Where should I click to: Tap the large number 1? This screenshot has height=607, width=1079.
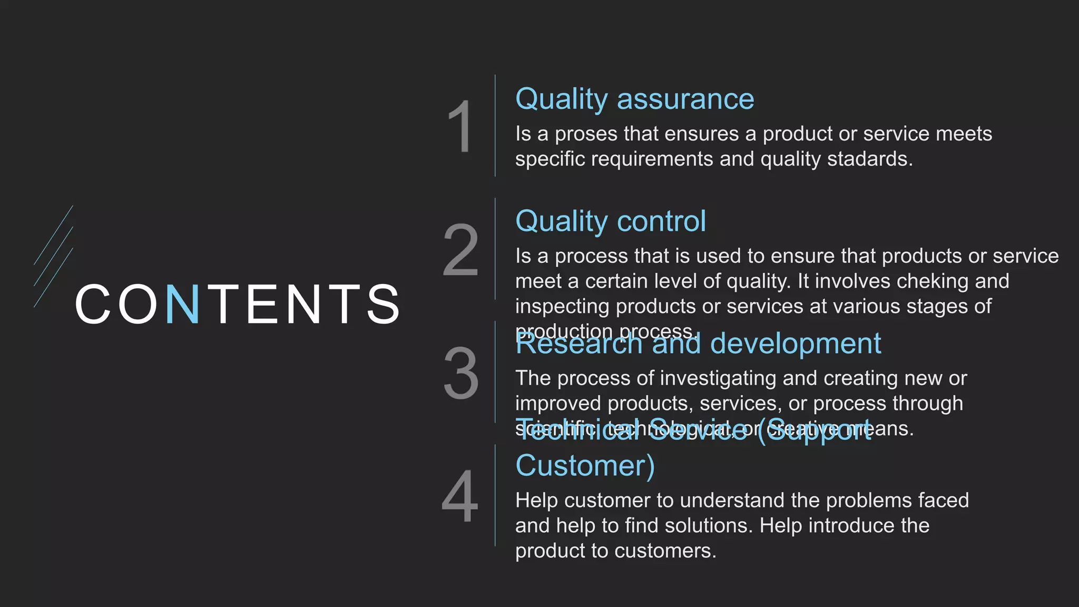(x=460, y=127)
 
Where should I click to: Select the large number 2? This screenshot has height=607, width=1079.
(x=460, y=250)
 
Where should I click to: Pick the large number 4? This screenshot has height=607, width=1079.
(x=460, y=496)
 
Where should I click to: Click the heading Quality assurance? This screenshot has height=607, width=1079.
(x=634, y=99)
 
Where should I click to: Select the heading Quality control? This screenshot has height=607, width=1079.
(x=610, y=221)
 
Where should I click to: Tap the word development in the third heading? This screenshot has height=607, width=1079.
(x=795, y=344)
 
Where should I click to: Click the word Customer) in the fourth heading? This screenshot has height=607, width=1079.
(x=585, y=466)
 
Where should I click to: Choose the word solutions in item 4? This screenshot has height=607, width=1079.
(x=708, y=526)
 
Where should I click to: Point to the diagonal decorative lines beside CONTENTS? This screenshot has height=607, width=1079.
(x=53, y=256)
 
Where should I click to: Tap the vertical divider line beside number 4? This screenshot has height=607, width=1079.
(x=495, y=495)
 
